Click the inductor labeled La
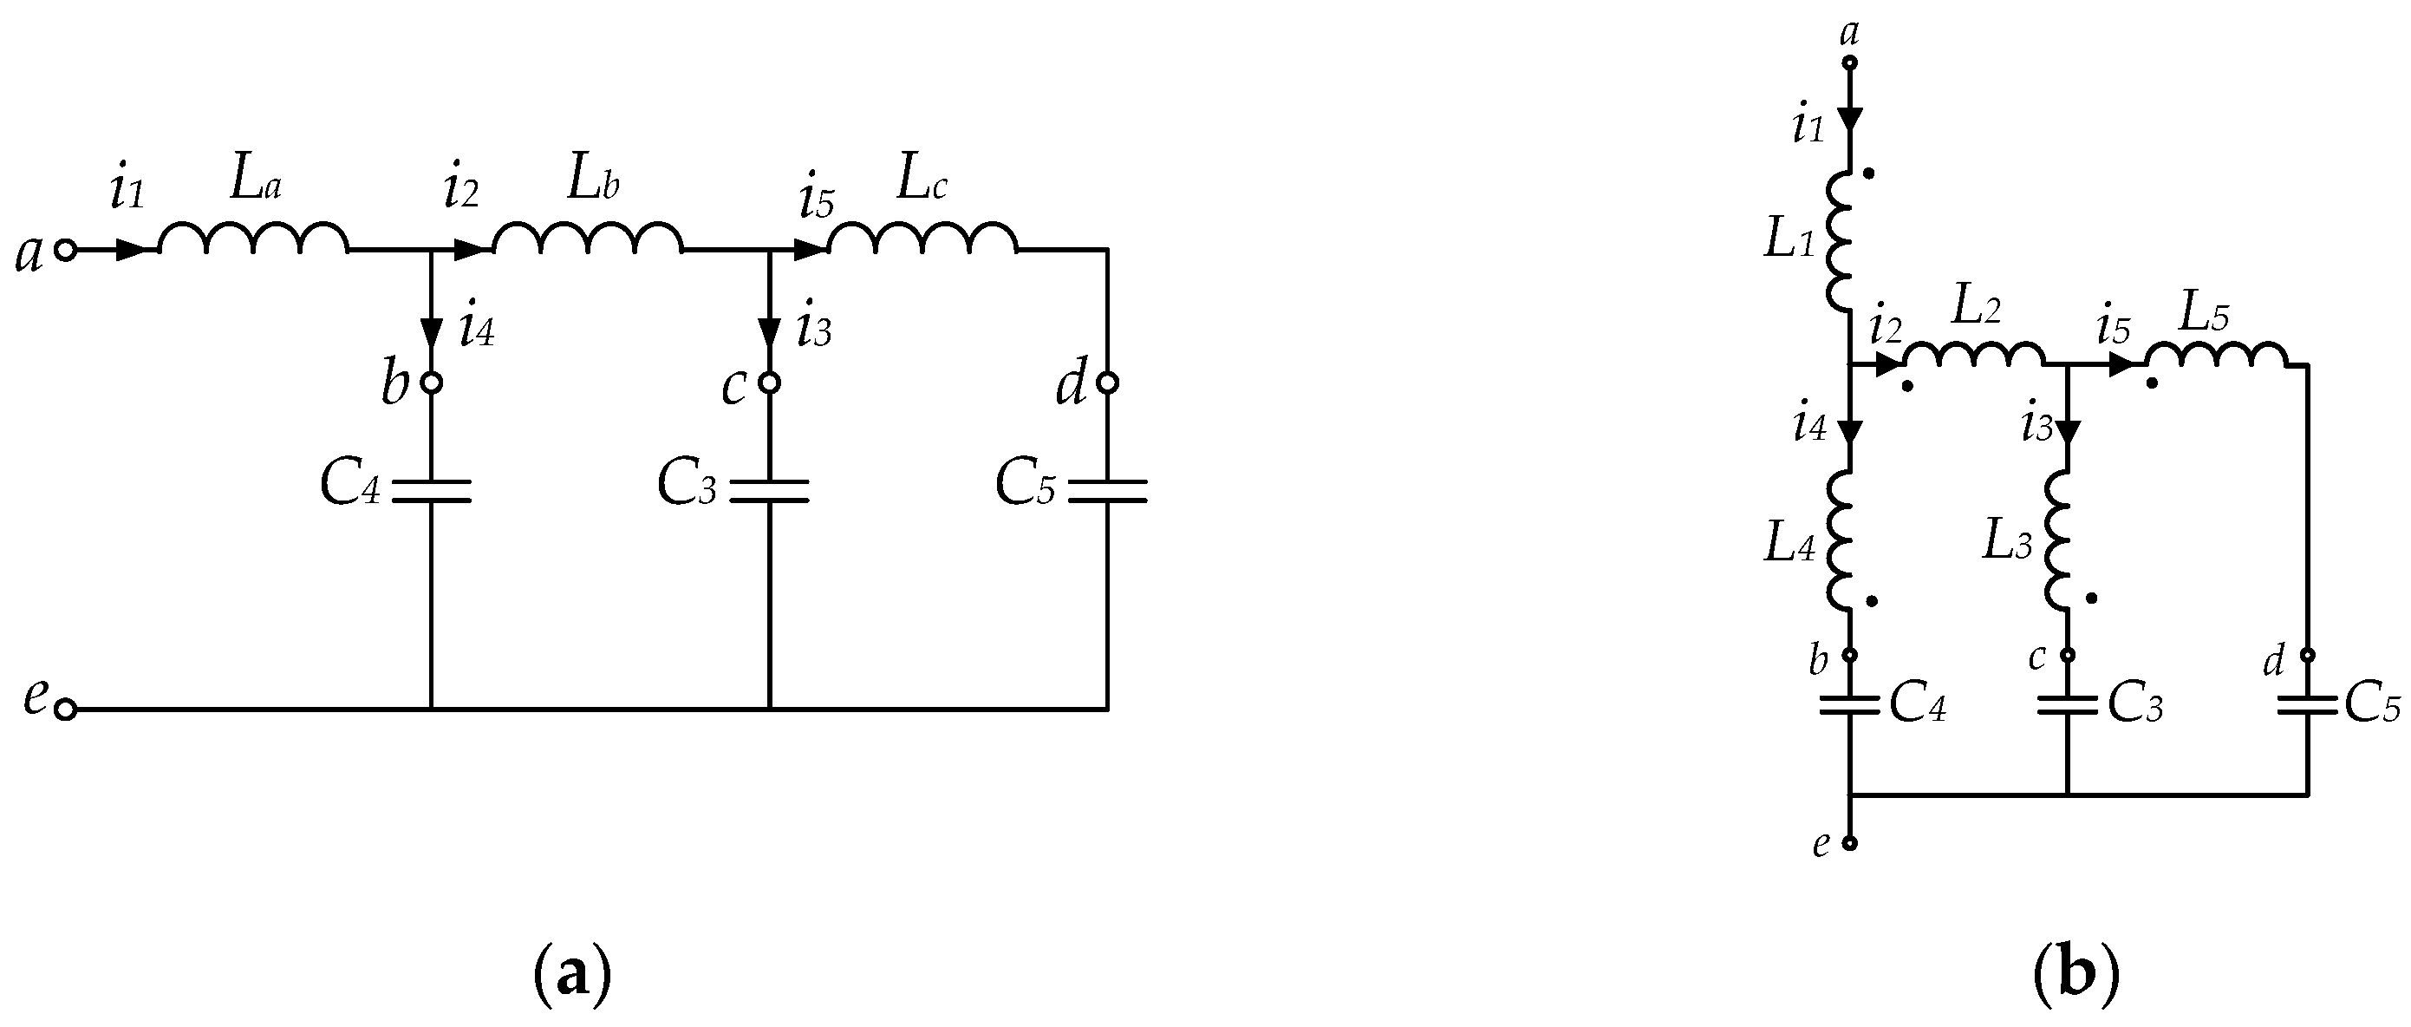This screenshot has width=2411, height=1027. click(x=252, y=239)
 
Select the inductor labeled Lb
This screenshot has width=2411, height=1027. click(x=588, y=239)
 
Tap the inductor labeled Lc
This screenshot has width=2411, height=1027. click(x=922, y=239)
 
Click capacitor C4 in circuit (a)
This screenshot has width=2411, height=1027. click(x=431, y=492)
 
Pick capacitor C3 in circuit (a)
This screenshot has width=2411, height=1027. click(x=768, y=492)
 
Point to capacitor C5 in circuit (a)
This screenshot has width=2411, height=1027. click(x=1107, y=492)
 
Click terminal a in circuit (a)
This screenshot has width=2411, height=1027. click(x=64, y=250)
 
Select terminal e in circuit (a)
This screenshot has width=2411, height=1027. click(x=64, y=710)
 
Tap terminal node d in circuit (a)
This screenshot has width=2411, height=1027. click(x=1107, y=383)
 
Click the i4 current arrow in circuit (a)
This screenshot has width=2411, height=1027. click(x=431, y=331)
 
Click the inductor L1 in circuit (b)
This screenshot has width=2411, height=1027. click(x=1840, y=240)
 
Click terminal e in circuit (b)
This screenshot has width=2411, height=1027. click(x=1849, y=842)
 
